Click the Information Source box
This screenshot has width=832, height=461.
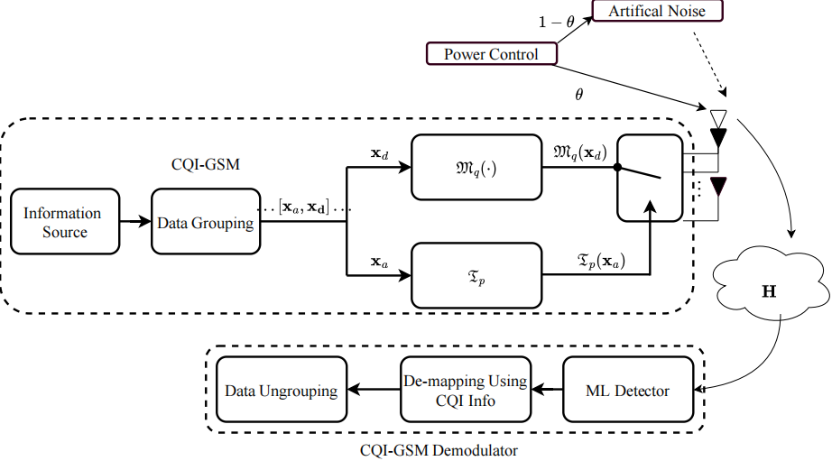click(63, 221)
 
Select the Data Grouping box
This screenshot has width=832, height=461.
click(204, 221)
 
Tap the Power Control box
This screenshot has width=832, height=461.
click(490, 54)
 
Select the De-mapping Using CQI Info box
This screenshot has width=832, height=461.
click(463, 391)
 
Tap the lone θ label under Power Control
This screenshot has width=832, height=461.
click(578, 93)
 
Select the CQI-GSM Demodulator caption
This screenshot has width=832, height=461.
click(439, 448)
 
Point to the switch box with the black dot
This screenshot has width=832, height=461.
click(648, 178)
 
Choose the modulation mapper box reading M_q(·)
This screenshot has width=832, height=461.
click(475, 167)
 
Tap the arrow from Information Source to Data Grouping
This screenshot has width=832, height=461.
click(134, 220)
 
